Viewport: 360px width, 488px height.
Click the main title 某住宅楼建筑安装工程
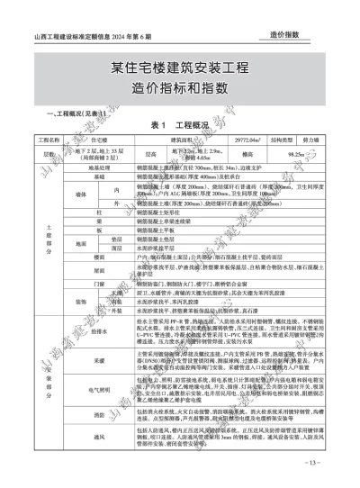click(x=179, y=69)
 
